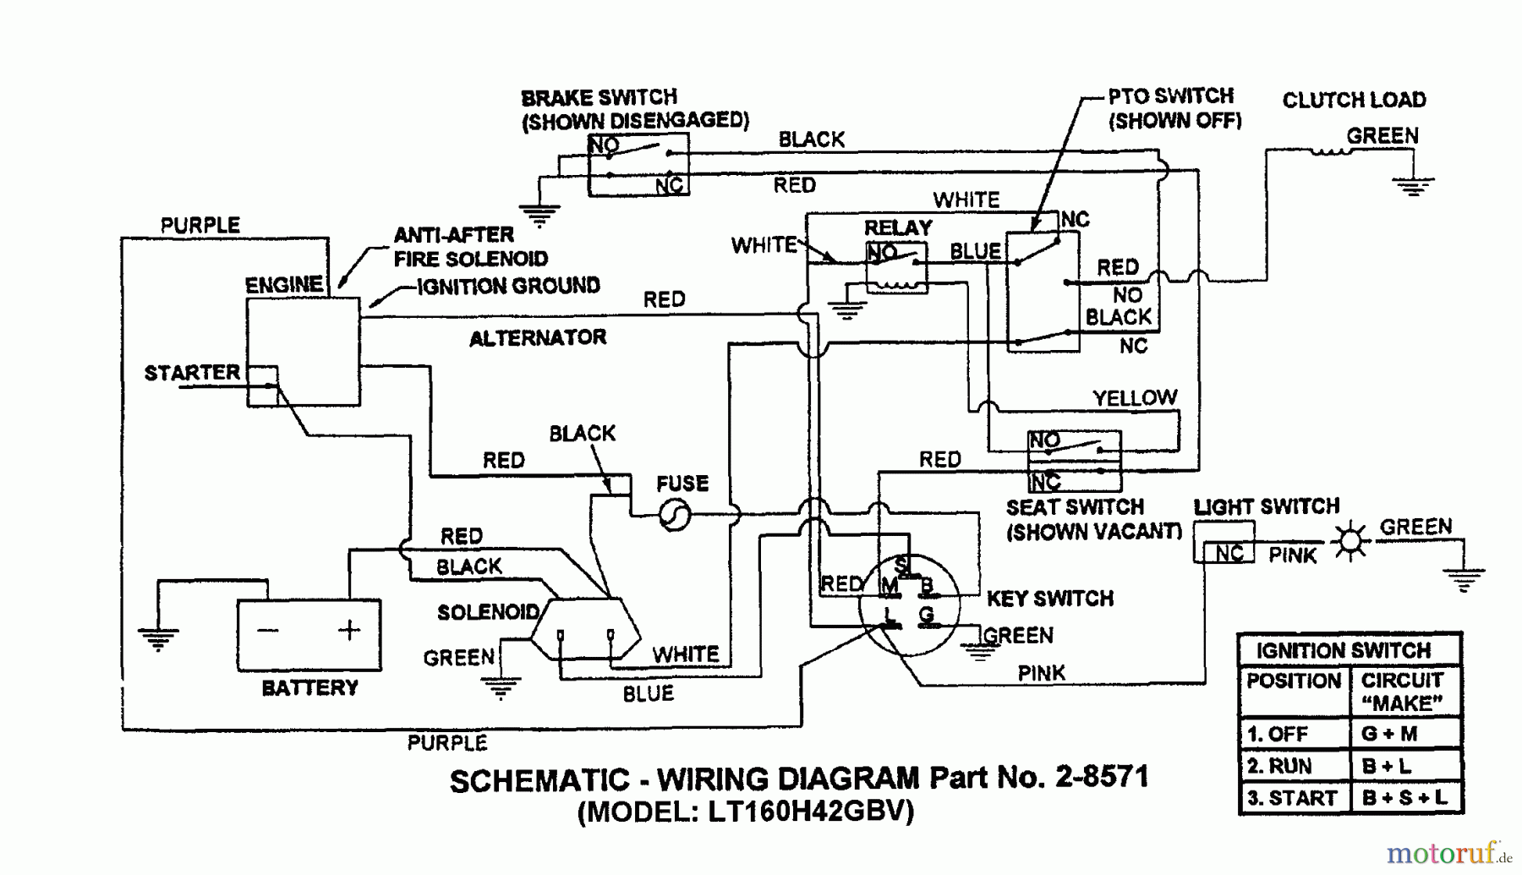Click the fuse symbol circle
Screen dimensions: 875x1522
point(675,514)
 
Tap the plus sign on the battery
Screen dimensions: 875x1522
point(348,630)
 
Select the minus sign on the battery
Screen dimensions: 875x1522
point(268,630)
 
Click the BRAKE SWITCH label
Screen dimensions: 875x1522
point(599,97)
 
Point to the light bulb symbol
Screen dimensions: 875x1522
point(1350,541)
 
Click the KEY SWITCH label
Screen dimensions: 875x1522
point(1049,599)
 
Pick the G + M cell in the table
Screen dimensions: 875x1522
point(1388,734)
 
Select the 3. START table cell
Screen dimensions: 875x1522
point(1292,798)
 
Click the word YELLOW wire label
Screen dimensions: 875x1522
point(1134,398)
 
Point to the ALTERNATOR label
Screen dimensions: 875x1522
point(538,338)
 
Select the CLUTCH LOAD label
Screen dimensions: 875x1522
point(1354,100)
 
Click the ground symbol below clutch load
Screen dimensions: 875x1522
point(1413,185)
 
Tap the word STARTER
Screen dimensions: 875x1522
point(192,373)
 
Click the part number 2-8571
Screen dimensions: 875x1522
point(1102,776)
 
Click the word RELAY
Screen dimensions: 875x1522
point(898,227)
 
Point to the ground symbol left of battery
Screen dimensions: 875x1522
point(158,638)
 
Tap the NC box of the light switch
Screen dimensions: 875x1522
point(1229,554)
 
